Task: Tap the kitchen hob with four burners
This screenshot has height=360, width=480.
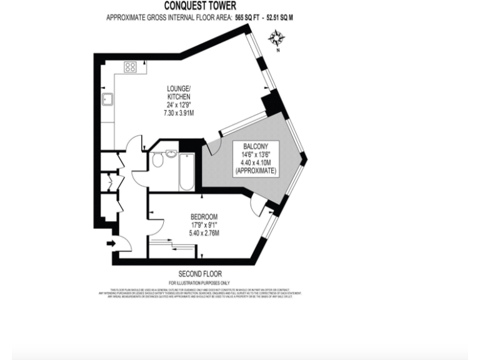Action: click(x=131, y=67)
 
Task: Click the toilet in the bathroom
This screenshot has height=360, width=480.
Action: click(x=157, y=161)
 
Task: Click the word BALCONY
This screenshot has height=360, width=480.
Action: click(x=257, y=146)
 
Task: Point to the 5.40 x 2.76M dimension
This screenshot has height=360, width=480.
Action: click(x=204, y=233)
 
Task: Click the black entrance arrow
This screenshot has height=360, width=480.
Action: click(x=111, y=244)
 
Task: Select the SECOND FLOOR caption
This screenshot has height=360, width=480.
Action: click(x=200, y=274)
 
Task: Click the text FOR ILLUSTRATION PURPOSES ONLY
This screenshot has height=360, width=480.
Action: click(x=200, y=283)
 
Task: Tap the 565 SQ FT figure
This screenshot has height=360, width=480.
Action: click(x=243, y=17)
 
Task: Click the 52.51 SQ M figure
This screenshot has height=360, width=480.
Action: click(x=279, y=17)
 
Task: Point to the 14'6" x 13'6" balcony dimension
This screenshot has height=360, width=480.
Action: click(x=257, y=154)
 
